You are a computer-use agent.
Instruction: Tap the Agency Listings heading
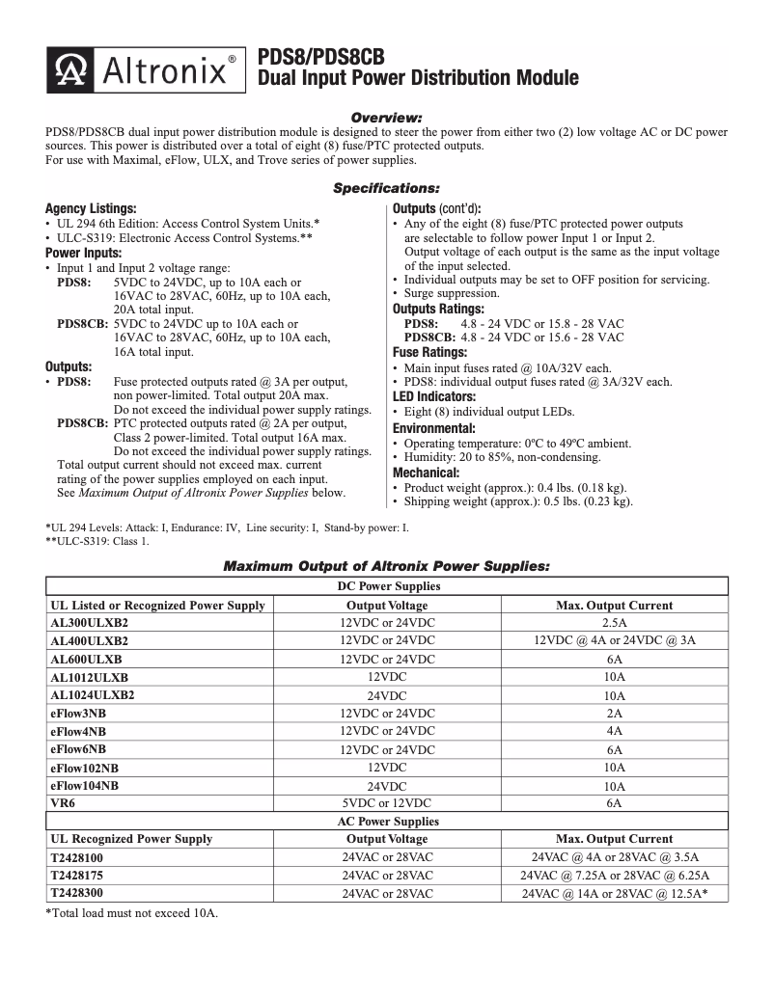tap(91, 208)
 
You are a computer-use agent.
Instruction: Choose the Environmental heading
tap(433, 428)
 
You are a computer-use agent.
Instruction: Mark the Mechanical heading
tap(427, 473)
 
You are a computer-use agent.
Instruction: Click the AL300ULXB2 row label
tap(89, 622)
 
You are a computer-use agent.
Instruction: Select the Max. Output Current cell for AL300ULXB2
tap(615, 622)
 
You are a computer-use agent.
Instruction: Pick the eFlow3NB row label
tap(78, 713)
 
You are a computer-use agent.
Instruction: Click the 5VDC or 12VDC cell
tap(387, 802)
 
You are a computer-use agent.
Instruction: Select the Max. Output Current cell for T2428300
tap(615, 894)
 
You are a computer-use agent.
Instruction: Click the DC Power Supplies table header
tap(388, 586)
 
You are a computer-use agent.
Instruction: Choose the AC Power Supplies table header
tap(388, 822)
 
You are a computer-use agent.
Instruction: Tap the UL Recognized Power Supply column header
tap(131, 839)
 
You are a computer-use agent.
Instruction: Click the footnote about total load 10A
tap(132, 912)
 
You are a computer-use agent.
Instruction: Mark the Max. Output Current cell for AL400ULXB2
tap(615, 640)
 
